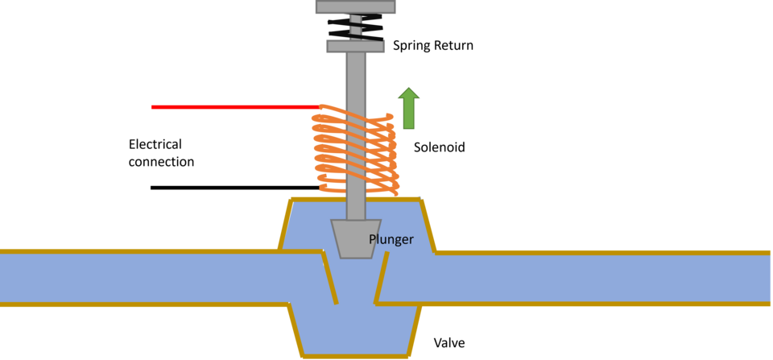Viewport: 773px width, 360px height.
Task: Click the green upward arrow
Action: coord(409,108)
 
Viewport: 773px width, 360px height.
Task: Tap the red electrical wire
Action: coord(236,107)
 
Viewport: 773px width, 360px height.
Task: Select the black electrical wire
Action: coord(236,188)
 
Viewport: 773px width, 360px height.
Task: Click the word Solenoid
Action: coord(440,147)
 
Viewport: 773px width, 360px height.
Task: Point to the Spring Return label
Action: coord(433,46)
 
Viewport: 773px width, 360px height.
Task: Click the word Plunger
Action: coord(391,240)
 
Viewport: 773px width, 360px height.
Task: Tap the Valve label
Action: coord(449,343)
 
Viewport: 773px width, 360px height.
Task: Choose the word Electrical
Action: coord(155,144)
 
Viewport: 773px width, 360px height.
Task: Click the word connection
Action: coord(161,161)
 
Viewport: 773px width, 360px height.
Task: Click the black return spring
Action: coord(355,27)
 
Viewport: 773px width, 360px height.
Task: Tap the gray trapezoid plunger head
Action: coord(355,238)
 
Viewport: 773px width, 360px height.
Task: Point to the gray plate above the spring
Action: coord(355,6)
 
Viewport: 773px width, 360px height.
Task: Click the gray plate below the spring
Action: coord(355,47)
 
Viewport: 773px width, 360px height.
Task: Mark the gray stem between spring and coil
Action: coord(355,79)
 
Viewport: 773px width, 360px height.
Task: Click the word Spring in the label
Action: coord(408,47)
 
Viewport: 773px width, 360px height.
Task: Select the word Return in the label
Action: coord(450,45)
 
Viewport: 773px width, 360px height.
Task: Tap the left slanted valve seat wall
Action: coord(330,278)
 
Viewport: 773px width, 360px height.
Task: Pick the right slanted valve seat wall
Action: coord(381,278)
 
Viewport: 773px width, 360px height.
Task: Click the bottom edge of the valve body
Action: coord(356,355)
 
